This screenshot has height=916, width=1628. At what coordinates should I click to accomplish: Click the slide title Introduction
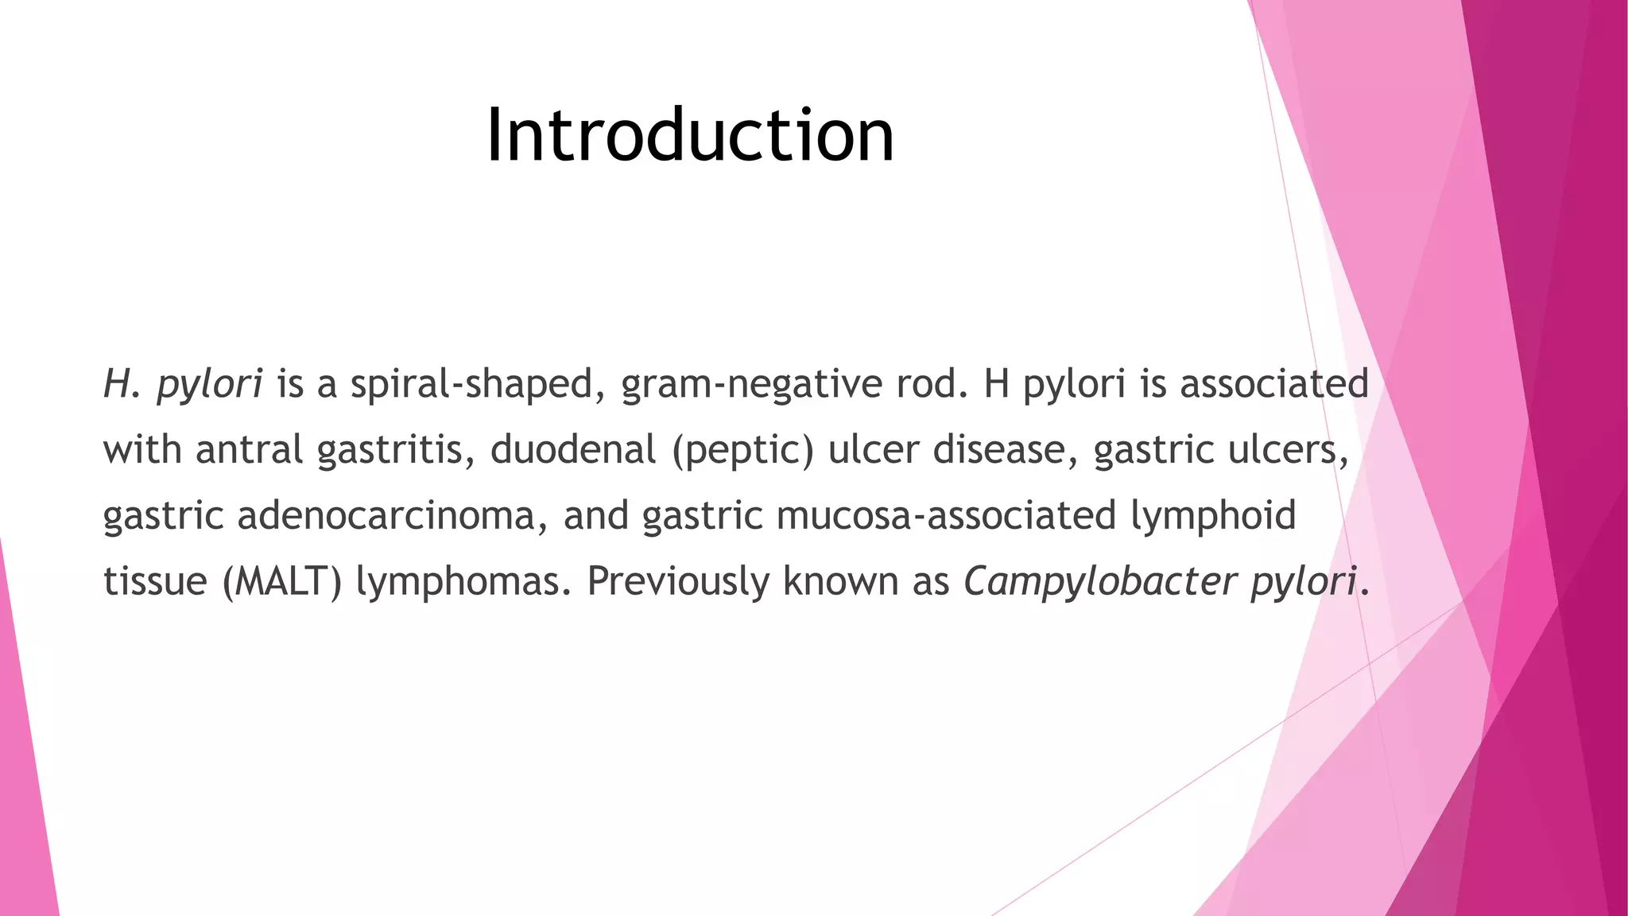pyautogui.click(x=690, y=136)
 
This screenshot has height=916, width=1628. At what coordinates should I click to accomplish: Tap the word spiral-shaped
pyautogui.click(x=472, y=385)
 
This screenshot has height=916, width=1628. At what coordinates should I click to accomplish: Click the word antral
pyautogui.click(x=249, y=449)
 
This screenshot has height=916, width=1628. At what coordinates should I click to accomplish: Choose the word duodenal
pyautogui.click(x=572, y=449)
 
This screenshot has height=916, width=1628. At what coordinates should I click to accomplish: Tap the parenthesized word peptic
pyautogui.click(x=743, y=451)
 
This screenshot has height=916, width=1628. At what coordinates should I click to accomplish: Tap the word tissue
pyautogui.click(x=155, y=581)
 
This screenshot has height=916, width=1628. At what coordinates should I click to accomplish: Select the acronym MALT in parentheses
pyautogui.click(x=282, y=581)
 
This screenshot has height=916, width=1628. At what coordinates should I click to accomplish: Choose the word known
pyautogui.click(x=840, y=581)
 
